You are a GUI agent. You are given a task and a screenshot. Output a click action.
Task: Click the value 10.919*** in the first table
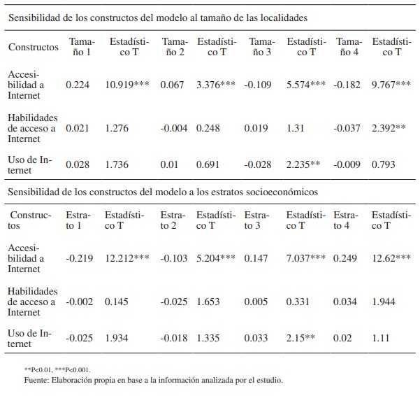127,85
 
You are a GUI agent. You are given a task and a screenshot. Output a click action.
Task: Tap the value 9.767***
391,85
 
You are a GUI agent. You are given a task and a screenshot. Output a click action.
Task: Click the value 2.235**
303,164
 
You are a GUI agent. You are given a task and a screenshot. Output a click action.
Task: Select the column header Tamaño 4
346,47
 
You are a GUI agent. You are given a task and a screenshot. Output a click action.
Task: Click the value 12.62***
391,258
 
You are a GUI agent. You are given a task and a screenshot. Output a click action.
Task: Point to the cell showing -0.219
78,258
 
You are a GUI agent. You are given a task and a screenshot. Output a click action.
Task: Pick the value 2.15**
300,338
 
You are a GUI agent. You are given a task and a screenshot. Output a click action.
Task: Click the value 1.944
383,302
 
